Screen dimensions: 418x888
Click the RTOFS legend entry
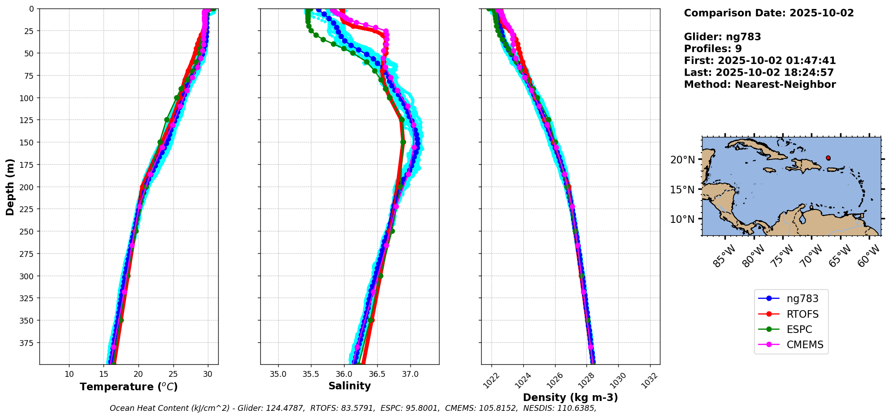pyautogui.click(x=802, y=314)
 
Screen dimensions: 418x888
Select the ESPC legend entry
pyautogui.click(x=799, y=329)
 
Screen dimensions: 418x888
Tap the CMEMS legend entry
pyautogui.click(x=805, y=345)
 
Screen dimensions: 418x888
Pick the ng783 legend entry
pyautogui.click(x=802, y=299)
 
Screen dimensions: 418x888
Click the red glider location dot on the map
pyautogui.click(x=828, y=158)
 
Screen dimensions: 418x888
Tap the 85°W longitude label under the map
pyautogui.click(x=724, y=256)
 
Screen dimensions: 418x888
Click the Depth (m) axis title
pyautogui.click(x=10, y=187)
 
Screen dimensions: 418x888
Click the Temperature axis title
pyautogui.click(x=129, y=387)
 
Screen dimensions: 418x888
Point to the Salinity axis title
pyautogui.click(x=349, y=386)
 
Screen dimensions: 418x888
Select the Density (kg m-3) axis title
pyautogui.click(x=570, y=397)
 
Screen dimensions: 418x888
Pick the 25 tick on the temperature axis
pyautogui.click(x=173, y=374)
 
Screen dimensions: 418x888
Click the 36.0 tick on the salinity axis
pyautogui.click(x=344, y=374)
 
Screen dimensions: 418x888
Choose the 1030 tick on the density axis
pyautogui.click(x=618, y=380)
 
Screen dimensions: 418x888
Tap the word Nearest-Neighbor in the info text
pyautogui.click(x=785, y=85)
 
